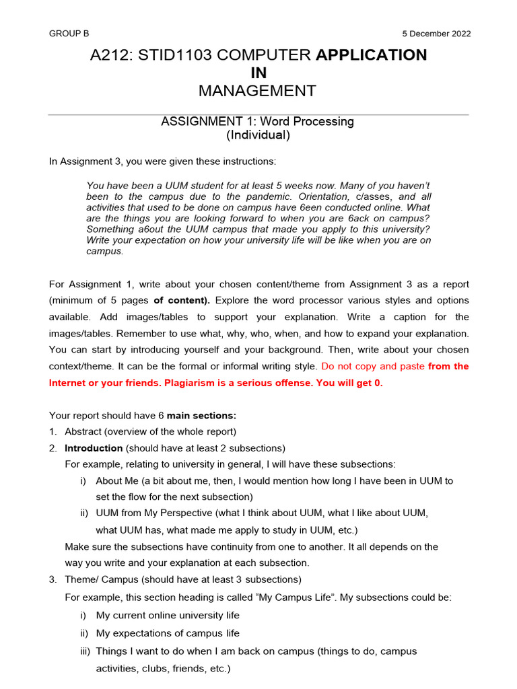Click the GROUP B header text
click(x=69, y=34)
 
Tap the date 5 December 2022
click(x=436, y=34)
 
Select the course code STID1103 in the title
click(x=175, y=55)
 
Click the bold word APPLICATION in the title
click(x=371, y=55)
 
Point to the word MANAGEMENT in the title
click(x=258, y=91)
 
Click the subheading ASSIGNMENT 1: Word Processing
click(x=257, y=122)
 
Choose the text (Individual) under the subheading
click(x=258, y=135)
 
